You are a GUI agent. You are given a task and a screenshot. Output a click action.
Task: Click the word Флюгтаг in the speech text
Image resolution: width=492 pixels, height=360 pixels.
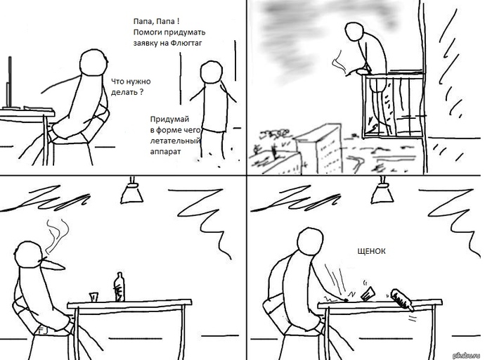pyautogui.click(x=186, y=43)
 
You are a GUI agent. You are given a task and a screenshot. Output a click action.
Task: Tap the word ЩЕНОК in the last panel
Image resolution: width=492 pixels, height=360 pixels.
pyautogui.click(x=372, y=251)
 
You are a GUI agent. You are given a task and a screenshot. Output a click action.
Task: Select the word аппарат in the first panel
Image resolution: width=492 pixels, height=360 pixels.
pyautogui.click(x=165, y=152)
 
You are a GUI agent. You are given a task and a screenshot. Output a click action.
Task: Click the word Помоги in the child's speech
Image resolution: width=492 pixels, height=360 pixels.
pyautogui.click(x=145, y=32)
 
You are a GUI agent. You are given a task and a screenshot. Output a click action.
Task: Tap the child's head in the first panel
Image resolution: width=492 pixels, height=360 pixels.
pyautogui.click(x=211, y=72)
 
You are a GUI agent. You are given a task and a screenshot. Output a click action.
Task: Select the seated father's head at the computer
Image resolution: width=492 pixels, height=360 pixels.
pyautogui.click(x=93, y=62)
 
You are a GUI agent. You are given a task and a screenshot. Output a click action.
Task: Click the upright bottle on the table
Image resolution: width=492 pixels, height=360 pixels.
pyautogui.click(x=119, y=287)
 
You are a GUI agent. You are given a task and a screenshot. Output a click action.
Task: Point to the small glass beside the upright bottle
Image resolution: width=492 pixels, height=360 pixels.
pyautogui.click(x=93, y=297)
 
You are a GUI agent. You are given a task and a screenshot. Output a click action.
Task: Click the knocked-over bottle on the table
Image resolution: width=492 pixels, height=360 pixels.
pyautogui.click(x=401, y=300)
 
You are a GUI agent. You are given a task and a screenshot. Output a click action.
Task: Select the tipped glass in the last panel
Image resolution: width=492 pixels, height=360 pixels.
pyautogui.click(x=368, y=294)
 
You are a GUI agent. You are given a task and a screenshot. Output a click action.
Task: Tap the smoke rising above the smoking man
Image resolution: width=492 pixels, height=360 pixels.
pyautogui.click(x=57, y=236)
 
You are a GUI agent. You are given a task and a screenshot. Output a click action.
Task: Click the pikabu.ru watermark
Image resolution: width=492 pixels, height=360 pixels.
pyautogui.click(x=467, y=355)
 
